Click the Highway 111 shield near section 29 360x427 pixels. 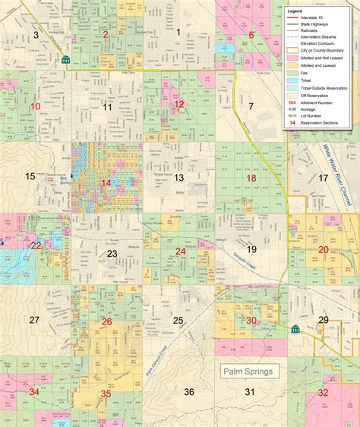[x=295, y=328]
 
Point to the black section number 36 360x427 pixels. [x=190, y=391]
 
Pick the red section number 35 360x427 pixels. [x=106, y=394]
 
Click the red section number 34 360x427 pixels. [x=33, y=392]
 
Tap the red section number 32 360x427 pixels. [x=323, y=392]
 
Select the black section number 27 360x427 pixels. [x=33, y=320]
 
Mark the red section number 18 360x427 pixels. [x=251, y=178]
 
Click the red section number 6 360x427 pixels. [x=251, y=35]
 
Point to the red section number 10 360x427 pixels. [x=35, y=106]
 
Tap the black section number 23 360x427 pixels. [x=112, y=253]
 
